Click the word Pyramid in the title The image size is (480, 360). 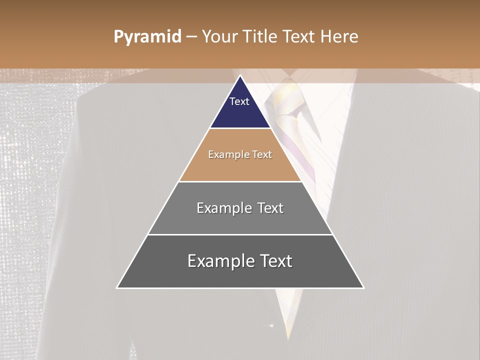[x=147, y=37]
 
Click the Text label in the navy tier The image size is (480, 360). [x=239, y=101]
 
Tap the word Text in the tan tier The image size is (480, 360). [x=262, y=154]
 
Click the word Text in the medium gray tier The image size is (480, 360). [x=270, y=208]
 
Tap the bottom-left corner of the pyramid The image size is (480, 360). [x=117, y=287]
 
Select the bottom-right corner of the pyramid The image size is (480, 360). [x=363, y=287]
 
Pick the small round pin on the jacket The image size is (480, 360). [x=271, y=326]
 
